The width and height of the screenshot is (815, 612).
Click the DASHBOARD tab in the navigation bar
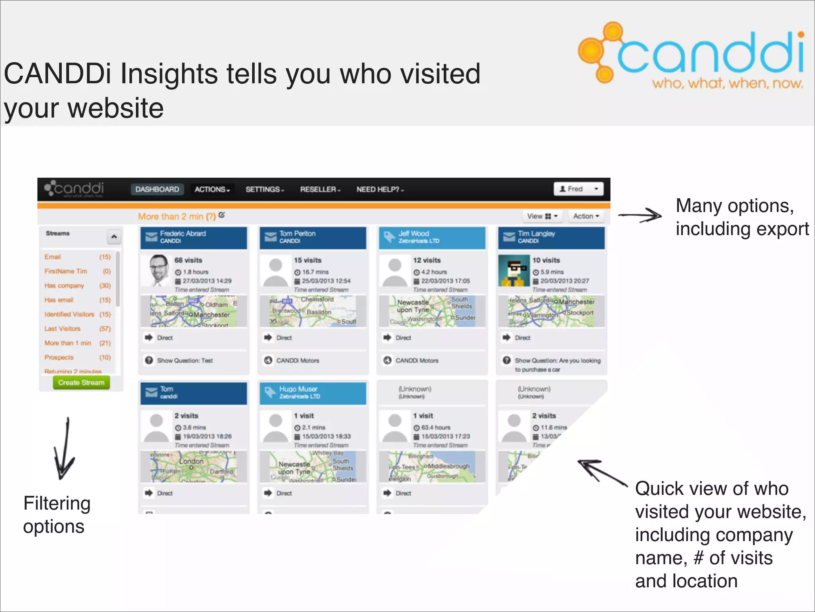click(x=157, y=189)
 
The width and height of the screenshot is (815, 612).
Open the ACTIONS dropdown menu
click(x=212, y=189)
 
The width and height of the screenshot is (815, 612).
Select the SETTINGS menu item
click(x=265, y=189)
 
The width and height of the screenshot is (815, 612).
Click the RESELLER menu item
click(x=320, y=189)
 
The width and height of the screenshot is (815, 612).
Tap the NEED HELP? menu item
click(x=380, y=189)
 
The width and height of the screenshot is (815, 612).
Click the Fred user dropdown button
click(x=578, y=189)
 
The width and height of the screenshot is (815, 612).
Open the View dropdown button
click(x=542, y=216)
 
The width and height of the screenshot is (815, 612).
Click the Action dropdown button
click(x=585, y=216)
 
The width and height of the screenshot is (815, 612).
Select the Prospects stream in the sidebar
click(x=59, y=357)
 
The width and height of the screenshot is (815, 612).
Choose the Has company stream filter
click(x=64, y=286)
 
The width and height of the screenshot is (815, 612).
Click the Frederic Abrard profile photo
click(x=156, y=271)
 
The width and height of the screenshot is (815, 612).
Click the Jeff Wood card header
click(x=432, y=237)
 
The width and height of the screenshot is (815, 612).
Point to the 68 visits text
click(x=188, y=260)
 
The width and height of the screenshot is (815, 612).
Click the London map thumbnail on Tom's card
click(x=193, y=467)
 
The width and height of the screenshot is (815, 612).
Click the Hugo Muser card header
click(x=312, y=393)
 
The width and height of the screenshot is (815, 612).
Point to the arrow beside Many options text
click(x=640, y=216)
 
